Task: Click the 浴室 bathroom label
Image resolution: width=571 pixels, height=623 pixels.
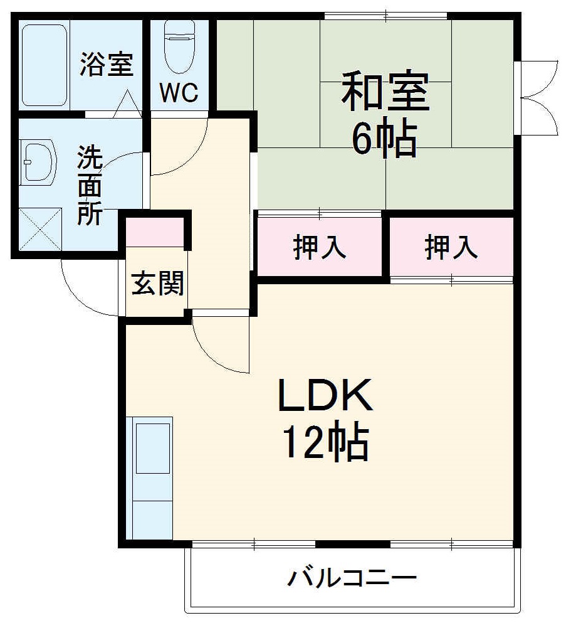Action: [107, 65]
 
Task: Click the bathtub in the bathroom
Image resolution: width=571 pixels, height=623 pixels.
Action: [44, 65]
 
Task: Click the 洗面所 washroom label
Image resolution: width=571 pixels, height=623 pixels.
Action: [90, 186]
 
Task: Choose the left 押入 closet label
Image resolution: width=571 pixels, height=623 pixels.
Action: [320, 247]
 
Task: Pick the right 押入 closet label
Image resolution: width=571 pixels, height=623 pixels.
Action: [451, 247]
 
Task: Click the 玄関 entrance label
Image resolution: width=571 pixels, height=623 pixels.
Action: [157, 284]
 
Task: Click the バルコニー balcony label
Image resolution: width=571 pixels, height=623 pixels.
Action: [352, 577]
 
